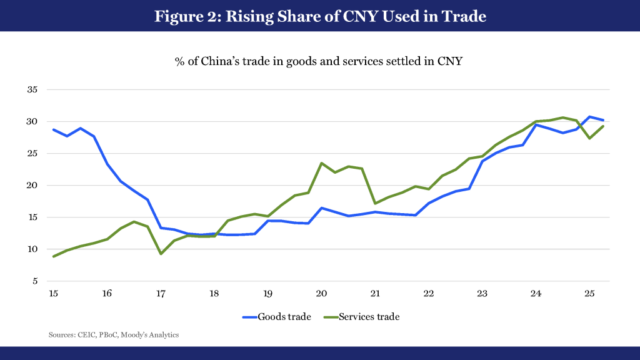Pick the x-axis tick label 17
pos(161,293)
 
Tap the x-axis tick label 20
pos(321,293)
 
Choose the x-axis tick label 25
pos(589,293)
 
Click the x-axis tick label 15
pos(54,293)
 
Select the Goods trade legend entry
pos(276,317)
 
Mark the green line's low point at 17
pos(161,253)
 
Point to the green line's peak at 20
pos(321,163)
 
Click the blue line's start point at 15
pos(54,129)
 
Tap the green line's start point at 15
pos(54,256)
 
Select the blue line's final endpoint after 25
pos(602,120)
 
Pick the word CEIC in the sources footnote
pos(84,335)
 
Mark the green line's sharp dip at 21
pos(375,203)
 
